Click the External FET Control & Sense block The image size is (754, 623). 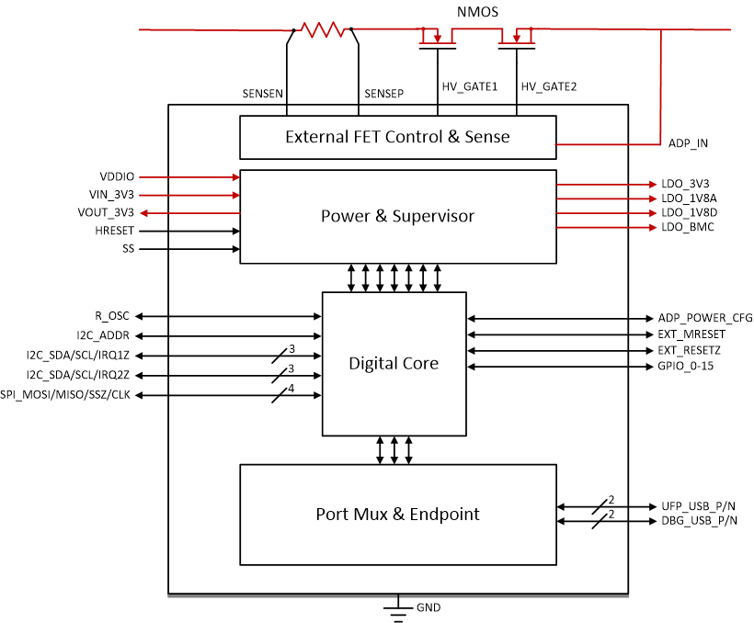pyautogui.click(x=397, y=137)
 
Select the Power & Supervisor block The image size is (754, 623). pyautogui.click(x=397, y=216)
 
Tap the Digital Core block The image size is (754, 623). pyautogui.click(x=394, y=363)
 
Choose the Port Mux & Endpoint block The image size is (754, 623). pyautogui.click(x=397, y=514)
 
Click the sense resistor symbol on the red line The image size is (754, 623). pyautogui.click(x=322, y=30)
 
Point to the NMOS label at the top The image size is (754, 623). pyautogui.click(x=477, y=12)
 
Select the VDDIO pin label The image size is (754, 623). pyautogui.click(x=117, y=176)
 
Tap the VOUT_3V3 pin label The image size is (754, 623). pyautogui.click(x=111, y=212)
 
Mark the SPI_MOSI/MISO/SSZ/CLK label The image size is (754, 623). pyautogui.click(x=65, y=395)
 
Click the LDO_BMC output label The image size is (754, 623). pyautogui.click(x=687, y=226)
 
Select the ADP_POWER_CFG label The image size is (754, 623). pyautogui.click(x=705, y=318)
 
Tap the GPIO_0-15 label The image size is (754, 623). pyautogui.click(x=686, y=366)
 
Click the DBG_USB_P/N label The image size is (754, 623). pyautogui.click(x=699, y=521)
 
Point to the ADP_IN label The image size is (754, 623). pyautogui.click(x=688, y=143)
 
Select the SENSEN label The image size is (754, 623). pyautogui.click(x=262, y=94)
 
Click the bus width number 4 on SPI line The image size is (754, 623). pyautogui.click(x=291, y=388)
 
